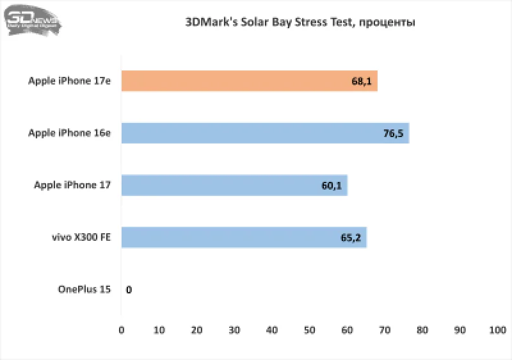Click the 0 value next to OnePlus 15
[129, 290]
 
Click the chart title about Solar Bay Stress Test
[300, 22]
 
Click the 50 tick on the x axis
[310, 331]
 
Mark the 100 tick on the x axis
[497, 331]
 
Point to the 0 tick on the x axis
[122, 331]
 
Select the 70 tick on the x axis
[385, 331]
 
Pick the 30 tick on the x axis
[234, 331]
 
